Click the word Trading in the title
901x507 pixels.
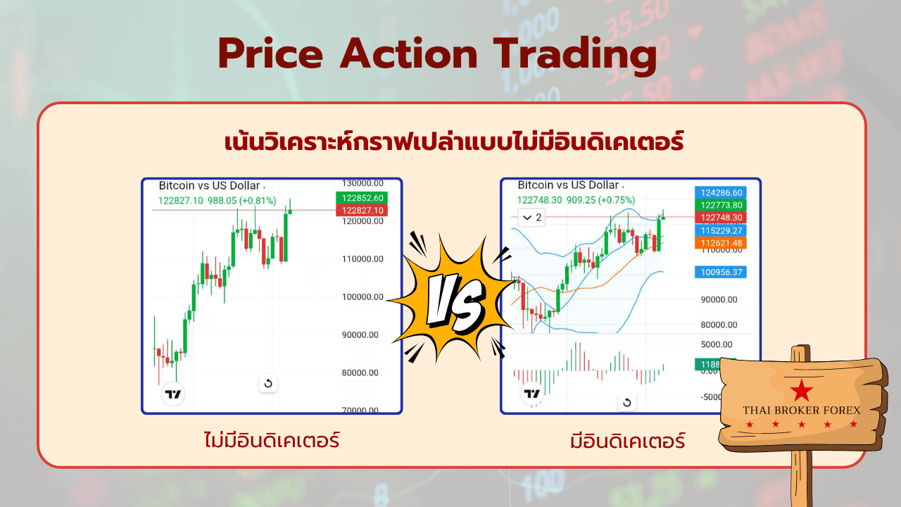click(575, 55)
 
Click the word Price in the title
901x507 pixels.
click(271, 54)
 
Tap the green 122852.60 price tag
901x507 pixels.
click(362, 198)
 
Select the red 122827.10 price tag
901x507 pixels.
click(362, 210)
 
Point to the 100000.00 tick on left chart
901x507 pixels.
click(363, 297)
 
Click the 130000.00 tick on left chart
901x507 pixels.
click(363, 183)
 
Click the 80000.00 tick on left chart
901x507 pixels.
click(360, 373)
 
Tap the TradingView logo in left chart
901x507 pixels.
click(173, 394)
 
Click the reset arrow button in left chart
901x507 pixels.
click(268, 384)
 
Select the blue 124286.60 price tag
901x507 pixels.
click(721, 193)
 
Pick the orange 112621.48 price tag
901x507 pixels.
click(721, 243)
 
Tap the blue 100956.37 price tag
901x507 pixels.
click(721, 272)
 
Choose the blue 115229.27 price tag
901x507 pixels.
click(721, 230)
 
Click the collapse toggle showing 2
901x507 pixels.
click(531, 218)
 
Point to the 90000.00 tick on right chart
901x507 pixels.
click(719, 299)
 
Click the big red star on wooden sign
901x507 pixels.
click(801, 390)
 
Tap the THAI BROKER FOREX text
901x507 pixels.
click(801, 411)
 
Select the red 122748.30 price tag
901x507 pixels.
click(721, 218)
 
